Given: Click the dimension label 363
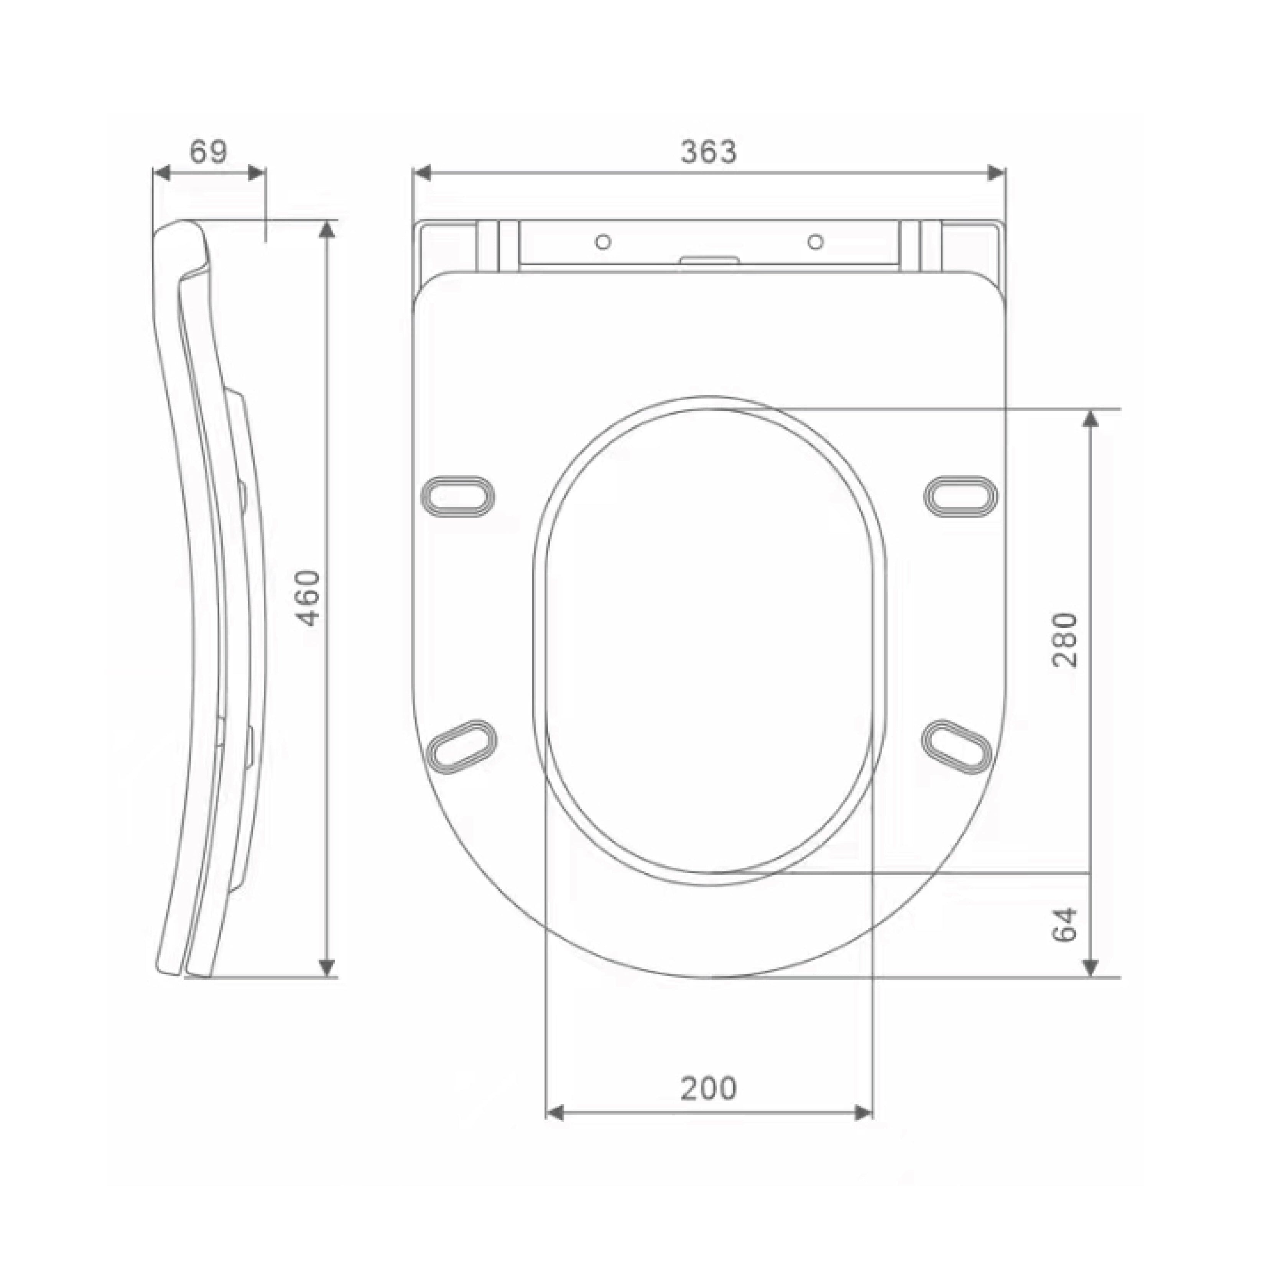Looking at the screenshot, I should tap(709, 152).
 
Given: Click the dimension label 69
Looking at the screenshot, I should tap(208, 152).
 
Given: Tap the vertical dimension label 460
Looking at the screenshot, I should tap(308, 598).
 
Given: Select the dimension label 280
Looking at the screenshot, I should tap(1066, 640).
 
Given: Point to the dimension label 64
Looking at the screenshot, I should tap(1066, 925).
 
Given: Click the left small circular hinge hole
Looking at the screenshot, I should tap(603, 242).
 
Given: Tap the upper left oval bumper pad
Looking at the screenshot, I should tap(458, 495).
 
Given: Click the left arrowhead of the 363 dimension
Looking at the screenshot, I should tap(421, 173).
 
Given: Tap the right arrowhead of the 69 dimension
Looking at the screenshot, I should tap(257, 173).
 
